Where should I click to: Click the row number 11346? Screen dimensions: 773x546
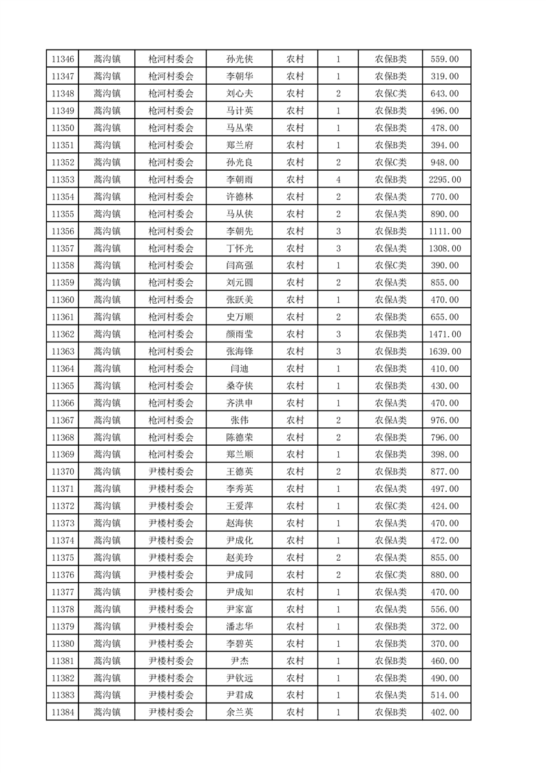click(x=62, y=59)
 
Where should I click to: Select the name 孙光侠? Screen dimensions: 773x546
click(x=239, y=59)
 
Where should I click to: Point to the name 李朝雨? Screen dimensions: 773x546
click(x=239, y=180)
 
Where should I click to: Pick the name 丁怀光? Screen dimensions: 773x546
click(x=239, y=248)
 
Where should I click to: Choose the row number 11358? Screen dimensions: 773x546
click(x=62, y=265)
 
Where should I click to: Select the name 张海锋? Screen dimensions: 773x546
click(x=239, y=351)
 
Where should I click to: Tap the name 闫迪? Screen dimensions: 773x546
click(x=239, y=369)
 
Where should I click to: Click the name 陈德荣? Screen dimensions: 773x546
click(x=239, y=437)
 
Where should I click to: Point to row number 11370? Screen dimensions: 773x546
click(x=62, y=472)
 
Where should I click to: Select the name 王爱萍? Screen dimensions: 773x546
click(x=239, y=506)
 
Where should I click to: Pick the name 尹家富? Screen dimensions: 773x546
click(x=239, y=609)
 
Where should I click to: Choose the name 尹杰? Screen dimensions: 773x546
click(x=239, y=661)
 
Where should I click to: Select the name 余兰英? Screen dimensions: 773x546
click(x=239, y=712)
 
